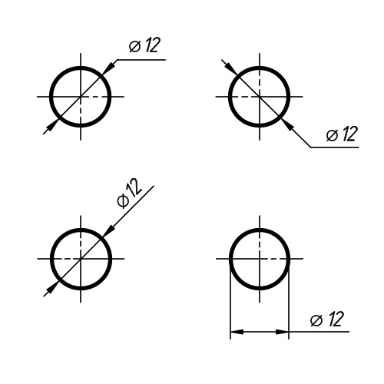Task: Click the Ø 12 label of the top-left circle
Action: (x=144, y=45)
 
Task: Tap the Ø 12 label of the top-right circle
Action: (x=342, y=134)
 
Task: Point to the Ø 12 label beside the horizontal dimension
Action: (x=327, y=319)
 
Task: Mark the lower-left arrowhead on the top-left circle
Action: (x=53, y=124)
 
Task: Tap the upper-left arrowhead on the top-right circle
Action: (x=231, y=68)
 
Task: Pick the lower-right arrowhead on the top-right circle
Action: (x=287, y=124)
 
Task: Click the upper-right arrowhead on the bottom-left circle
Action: (x=109, y=230)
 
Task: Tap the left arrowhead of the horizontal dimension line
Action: (x=237, y=332)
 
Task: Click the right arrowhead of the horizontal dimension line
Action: (x=282, y=332)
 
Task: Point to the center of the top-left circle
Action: (x=81, y=97)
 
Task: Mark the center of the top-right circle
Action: (x=260, y=97)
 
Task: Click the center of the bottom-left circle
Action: (x=81, y=259)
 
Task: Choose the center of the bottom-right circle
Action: (x=260, y=259)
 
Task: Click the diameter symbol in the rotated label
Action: (x=123, y=200)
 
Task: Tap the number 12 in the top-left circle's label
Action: (x=152, y=45)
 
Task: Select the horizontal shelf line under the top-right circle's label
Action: (x=335, y=147)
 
